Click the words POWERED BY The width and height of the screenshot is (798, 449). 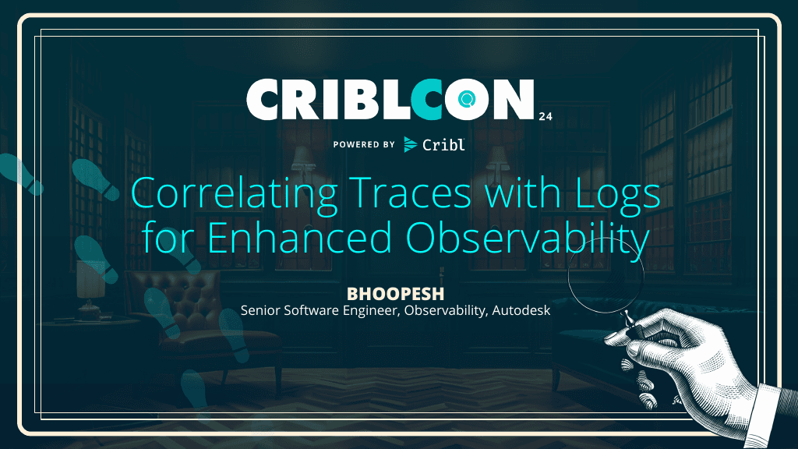click(364, 144)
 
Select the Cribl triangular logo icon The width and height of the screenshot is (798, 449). click(411, 144)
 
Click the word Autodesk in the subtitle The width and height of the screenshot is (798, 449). click(521, 310)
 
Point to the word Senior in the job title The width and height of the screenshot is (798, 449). click(262, 310)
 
